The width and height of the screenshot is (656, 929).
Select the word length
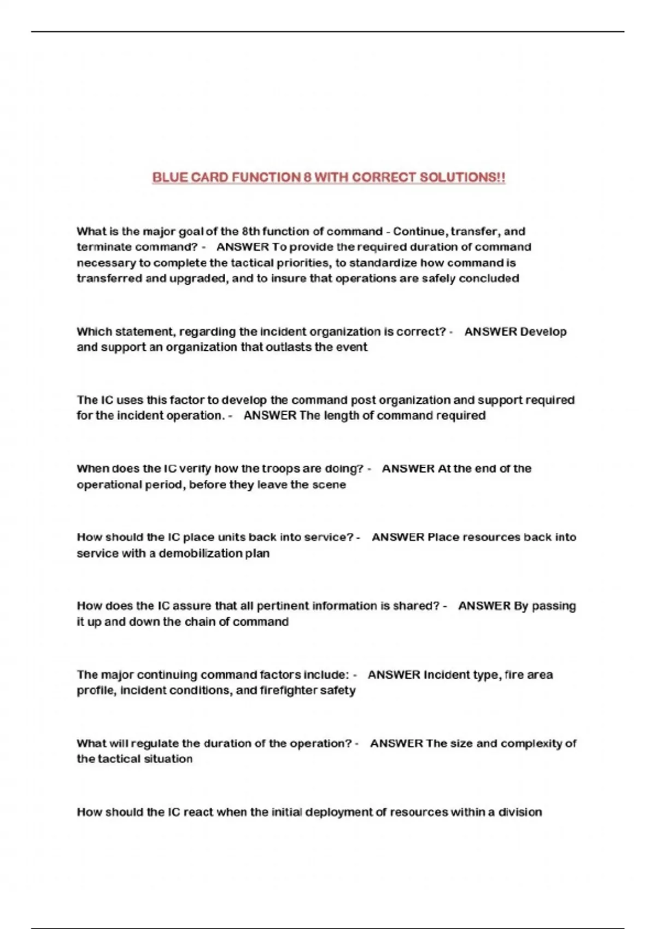click(x=341, y=416)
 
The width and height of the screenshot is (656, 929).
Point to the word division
click(x=520, y=813)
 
